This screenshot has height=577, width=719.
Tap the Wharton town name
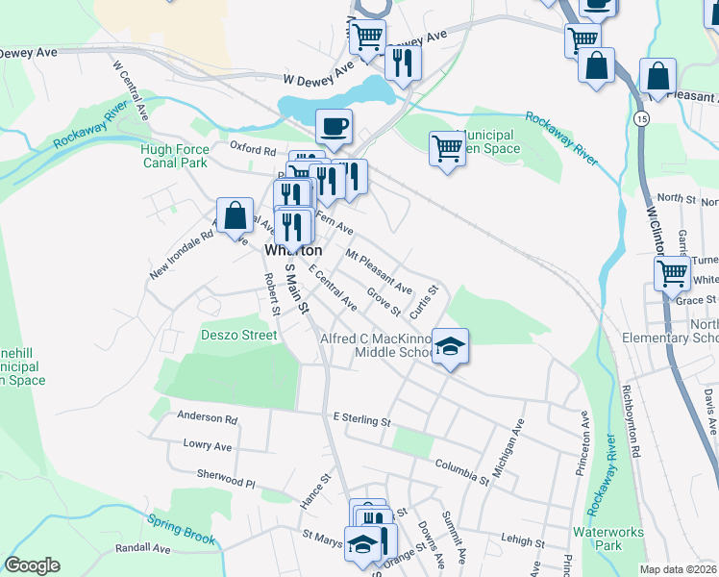pyautogui.click(x=293, y=250)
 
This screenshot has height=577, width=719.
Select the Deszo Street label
pyautogui.click(x=239, y=335)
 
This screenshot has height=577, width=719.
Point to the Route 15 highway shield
pyautogui.click(x=641, y=116)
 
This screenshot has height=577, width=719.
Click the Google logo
pyautogui.click(x=32, y=565)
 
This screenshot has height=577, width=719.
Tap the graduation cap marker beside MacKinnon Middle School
pyautogui.click(x=449, y=345)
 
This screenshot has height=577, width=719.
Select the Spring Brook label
pyautogui.click(x=182, y=529)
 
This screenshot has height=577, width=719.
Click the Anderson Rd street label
pyautogui.click(x=207, y=418)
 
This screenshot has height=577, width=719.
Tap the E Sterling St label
pyautogui.click(x=361, y=420)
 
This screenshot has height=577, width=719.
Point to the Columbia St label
pyautogui.click(x=462, y=471)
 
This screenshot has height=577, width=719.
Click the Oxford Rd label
pyautogui.click(x=253, y=147)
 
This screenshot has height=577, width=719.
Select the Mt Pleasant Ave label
pyautogui.click(x=379, y=273)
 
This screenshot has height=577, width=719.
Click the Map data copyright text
pyautogui.click(x=678, y=569)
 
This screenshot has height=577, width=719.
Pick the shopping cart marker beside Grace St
pyautogui.click(x=672, y=272)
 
